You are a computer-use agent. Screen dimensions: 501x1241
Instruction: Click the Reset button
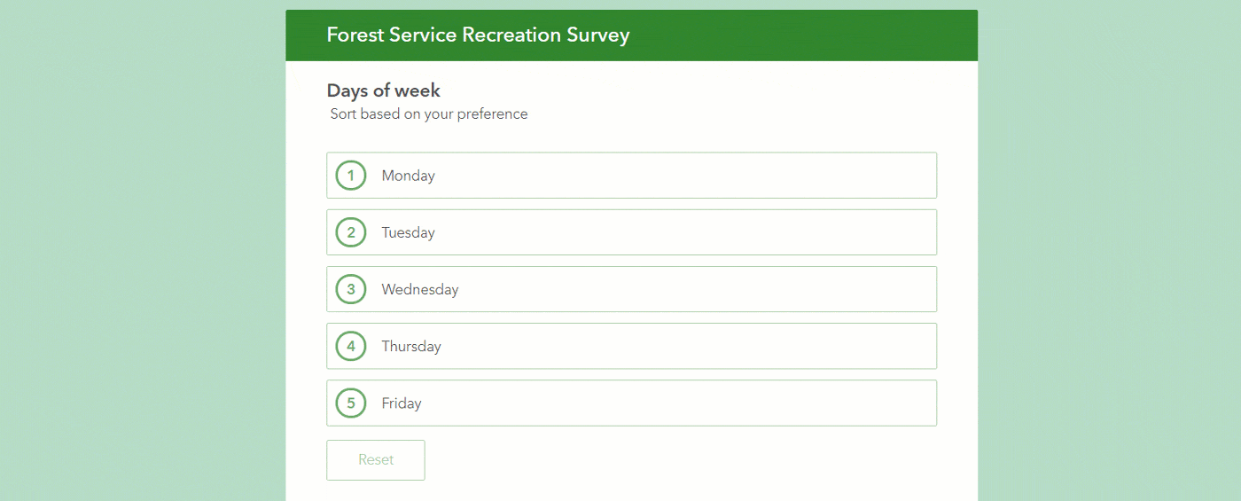pyautogui.click(x=376, y=460)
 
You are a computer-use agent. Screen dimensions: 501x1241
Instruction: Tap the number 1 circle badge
pyautogui.click(x=351, y=176)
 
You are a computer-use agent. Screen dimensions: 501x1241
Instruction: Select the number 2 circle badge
pyautogui.click(x=351, y=232)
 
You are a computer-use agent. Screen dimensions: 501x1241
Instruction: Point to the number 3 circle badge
pyautogui.click(x=351, y=289)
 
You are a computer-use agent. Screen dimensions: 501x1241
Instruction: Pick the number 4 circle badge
pyautogui.click(x=351, y=346)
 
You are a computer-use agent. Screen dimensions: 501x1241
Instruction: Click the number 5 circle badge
pyautogui.click(x=351, y=403)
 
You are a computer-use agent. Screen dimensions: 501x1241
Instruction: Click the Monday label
pyautogui.click(x=408, y=176)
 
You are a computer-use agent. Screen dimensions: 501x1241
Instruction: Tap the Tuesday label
pyautogui.click(x=408, y=232)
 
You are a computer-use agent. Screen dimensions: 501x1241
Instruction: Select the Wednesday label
pyautogui.click(x=419, y=289)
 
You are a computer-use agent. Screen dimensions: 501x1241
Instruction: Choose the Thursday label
pyautogui.click(x=410, y=346)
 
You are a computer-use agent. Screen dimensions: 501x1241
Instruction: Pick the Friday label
pyautogui.click(x=401, y=403)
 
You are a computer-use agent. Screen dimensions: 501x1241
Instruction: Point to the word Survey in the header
pyautogui.click(x=597, y=35)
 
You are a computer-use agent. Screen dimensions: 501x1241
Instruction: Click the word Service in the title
pyautogui.click(x=424, y=35)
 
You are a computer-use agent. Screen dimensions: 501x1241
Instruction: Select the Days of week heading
pyautogui.click(x=383, y=90)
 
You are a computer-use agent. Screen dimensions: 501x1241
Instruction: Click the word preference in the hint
pyautogui.click(x=492, y=114)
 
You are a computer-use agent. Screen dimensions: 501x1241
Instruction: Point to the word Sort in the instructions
pyautogui.click(x=343, y=114)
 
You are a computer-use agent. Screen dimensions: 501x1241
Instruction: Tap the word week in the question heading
pyautogui.click(x=418, y=90)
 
